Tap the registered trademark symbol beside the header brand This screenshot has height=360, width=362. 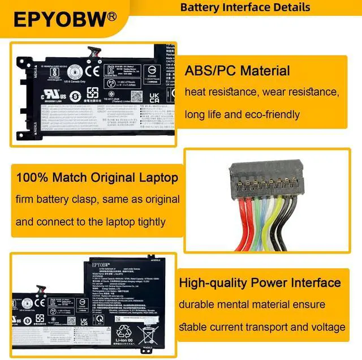coord(112,15)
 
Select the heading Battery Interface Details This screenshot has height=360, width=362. coord(245,7)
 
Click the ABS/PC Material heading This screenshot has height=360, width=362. coord(237,71)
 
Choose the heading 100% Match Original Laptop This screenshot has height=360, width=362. coord(97,178)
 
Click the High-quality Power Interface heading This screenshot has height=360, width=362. coord(260,282)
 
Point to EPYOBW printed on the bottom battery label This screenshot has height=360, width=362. coord(101,263)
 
